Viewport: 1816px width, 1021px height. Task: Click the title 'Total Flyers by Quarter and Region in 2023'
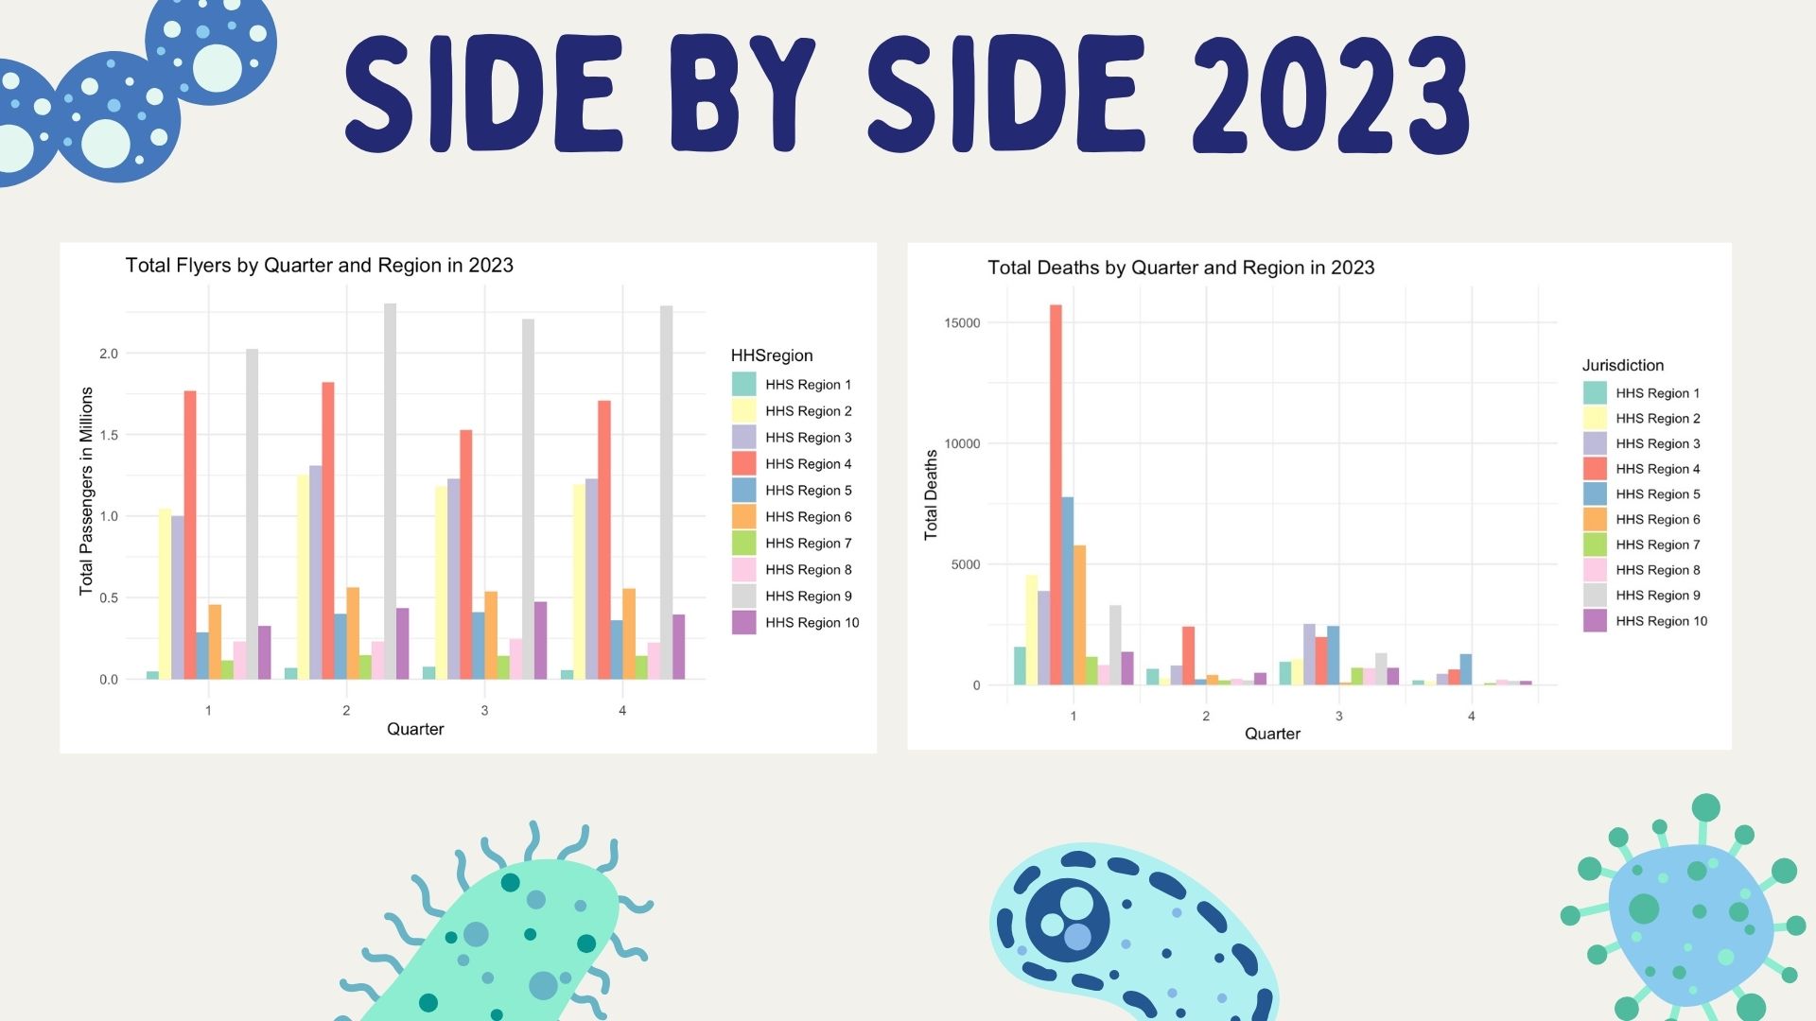(x=319, y=266)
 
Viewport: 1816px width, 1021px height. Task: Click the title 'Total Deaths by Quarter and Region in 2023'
(x=1180, y=268)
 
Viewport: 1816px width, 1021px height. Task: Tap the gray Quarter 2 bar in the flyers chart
(x=390, y=491)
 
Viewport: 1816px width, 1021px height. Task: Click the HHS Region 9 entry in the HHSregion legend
(x=808, y=597)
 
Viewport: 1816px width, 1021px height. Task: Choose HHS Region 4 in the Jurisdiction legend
(x=1657, y=469)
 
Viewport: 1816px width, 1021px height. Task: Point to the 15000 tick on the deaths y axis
(x=962, y=323)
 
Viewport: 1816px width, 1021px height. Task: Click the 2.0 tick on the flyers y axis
(x=109, y=354)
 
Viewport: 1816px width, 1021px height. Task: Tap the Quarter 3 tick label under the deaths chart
(x=1338, y=717)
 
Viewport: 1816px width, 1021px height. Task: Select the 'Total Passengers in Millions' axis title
(x=86, y=492)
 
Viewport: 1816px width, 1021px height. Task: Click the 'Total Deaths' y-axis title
(x=931, y=494)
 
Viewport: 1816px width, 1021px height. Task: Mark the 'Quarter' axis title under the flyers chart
(x=415, y=729)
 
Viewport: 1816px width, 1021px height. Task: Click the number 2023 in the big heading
(x=1330, y=95)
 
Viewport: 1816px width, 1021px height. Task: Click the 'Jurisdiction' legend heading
(x=1622, y=366)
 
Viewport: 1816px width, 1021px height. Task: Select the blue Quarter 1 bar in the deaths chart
(x=1067, y=590)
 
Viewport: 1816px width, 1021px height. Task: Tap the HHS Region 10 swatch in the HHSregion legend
(x=743, y=623)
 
